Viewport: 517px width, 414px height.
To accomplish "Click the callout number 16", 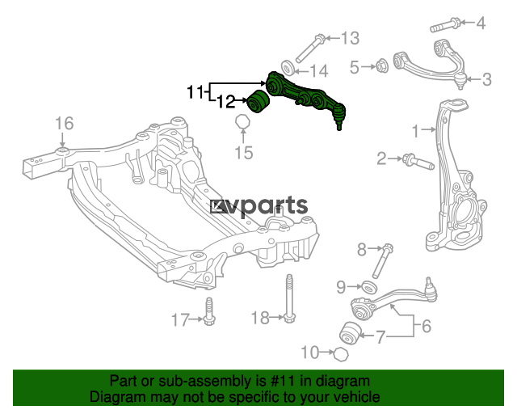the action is (x=64, y=124).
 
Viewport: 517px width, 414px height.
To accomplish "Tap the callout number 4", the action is (x=481, y=23).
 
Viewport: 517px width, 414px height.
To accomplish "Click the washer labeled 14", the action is (x=288, y=68).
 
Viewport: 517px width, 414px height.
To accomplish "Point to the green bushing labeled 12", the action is (x=258, y=101).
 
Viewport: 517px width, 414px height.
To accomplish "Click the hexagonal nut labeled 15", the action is (x=242, y=121).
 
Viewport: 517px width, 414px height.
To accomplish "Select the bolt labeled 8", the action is (x=382, y=261).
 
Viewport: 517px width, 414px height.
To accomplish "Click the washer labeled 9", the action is (x=369, y=287).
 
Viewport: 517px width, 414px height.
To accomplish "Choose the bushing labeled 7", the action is (x=351, y=334).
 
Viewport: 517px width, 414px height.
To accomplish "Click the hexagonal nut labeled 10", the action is (x=341, y=354).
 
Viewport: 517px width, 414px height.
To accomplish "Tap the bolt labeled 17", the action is (x=208, y=311).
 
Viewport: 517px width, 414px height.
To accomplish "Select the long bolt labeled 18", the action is (x=289, y=298).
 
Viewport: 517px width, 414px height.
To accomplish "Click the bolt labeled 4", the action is (x=445, y=25).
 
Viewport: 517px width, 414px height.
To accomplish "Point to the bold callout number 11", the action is (x=195, y=91).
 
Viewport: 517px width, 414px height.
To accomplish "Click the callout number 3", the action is (x=486, y=79).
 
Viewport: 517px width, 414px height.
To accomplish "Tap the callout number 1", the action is (x=416, y=131).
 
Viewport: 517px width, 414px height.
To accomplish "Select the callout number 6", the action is (x=427, y=326).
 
